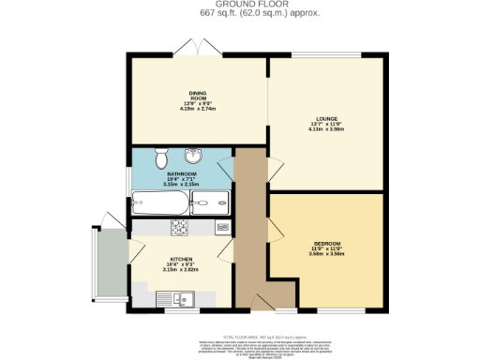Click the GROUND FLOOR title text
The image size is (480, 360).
239,4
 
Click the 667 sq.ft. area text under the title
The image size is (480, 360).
239,13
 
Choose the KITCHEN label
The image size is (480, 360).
181,258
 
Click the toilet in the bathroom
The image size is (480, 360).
159,156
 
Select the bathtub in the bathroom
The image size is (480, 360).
160,201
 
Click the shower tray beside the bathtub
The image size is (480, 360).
209,201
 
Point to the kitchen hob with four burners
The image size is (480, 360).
179,227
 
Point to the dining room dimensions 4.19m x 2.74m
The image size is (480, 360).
198,109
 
